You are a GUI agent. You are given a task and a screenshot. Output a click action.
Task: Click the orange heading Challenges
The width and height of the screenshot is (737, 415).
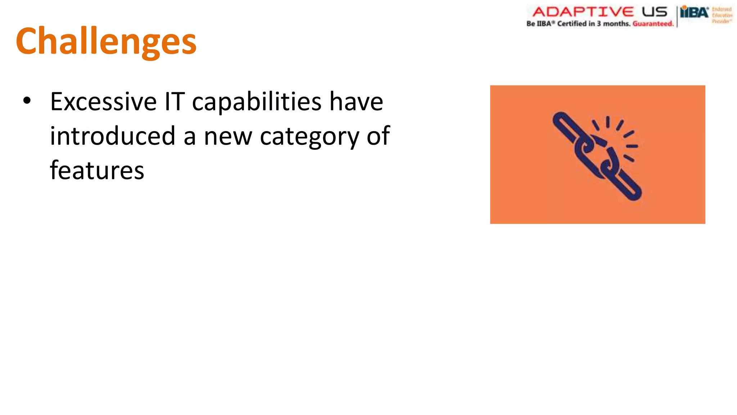pos(106,41)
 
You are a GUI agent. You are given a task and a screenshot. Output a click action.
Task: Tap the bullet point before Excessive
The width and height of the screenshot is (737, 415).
pos(27,101)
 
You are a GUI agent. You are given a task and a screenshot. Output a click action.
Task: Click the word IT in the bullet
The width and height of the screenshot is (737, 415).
pos(175,102)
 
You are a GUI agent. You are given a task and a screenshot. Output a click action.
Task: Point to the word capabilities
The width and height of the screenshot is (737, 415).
pos(257,102)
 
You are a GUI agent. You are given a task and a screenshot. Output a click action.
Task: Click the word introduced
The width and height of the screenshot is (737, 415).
pos(112,136)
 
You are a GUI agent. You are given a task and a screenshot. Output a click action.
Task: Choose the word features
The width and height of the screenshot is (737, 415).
pos(97,170)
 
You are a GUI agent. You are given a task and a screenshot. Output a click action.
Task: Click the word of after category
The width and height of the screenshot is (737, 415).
pos(378,136)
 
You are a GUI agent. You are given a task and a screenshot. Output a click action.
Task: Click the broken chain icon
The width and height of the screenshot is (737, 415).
pos(597,155)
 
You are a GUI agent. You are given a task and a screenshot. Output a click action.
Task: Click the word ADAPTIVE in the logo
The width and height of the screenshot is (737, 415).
pos(583,12)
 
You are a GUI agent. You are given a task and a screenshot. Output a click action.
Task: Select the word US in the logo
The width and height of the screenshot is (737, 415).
pos(655,12)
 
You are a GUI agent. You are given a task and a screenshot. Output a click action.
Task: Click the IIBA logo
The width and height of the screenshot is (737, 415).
pos(694,13)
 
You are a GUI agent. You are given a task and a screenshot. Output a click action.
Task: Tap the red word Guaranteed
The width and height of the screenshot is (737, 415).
pos(653,24)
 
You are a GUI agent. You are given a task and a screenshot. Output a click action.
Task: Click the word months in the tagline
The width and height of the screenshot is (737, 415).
pos(616,24)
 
